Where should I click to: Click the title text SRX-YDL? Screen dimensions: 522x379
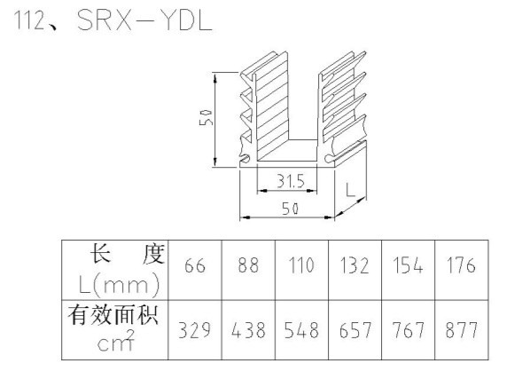[x=144, y=20]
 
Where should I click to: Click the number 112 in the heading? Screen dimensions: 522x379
[x=29, y=20]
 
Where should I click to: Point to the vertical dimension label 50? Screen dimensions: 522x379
[x=206, y=117]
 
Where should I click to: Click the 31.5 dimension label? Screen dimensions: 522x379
[x=291, y=181]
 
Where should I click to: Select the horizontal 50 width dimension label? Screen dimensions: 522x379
[x=291, y=209]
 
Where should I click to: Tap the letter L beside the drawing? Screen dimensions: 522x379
[x=350, y=190]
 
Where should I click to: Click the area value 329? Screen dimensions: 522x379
[x=195, y=330]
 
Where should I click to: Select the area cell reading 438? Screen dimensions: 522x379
[x=248, y=330]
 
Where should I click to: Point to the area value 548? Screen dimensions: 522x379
[x=301, y=330]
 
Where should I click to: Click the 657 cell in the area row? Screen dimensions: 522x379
[x=354, y=330]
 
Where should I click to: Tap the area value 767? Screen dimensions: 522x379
[x=409, y=330]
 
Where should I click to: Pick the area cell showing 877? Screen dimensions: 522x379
[x=462, y=330]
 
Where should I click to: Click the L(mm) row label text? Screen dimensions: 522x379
[x=119, y=285]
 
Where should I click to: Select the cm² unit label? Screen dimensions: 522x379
[x=116, y=340]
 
